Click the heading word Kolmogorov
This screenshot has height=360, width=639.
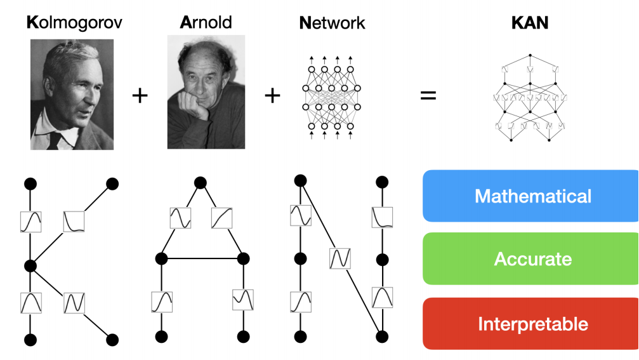tap(74, 23)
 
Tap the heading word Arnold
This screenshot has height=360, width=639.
tap(206, 23)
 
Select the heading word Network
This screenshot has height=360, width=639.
tap(332, 23)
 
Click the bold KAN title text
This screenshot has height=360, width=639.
tap(530, 23)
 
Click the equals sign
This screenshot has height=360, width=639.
tap(428, 97)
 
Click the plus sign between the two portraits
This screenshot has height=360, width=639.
tap(140, 96)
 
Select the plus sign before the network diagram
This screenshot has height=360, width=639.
tap(272, 96)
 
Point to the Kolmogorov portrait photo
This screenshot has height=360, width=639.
tap(72, 94)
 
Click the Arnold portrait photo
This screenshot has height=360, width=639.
tap(206, 91)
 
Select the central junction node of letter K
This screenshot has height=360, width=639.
tap(29, 265)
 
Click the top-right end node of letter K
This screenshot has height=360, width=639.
tap(112, 184)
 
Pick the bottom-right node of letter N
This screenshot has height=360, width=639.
tap(381, 337)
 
